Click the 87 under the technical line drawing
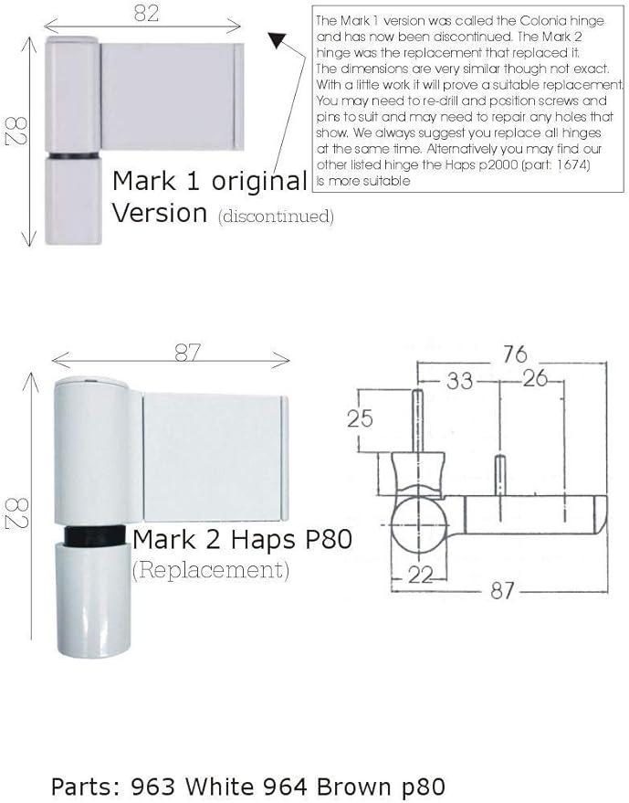[x=503, y=591]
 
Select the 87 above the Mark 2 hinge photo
[x=186, y=353]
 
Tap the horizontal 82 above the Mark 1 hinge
[x=146, y=13]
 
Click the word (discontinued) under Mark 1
[x=276, y=217]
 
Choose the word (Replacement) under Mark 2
[x=211, y=571]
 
